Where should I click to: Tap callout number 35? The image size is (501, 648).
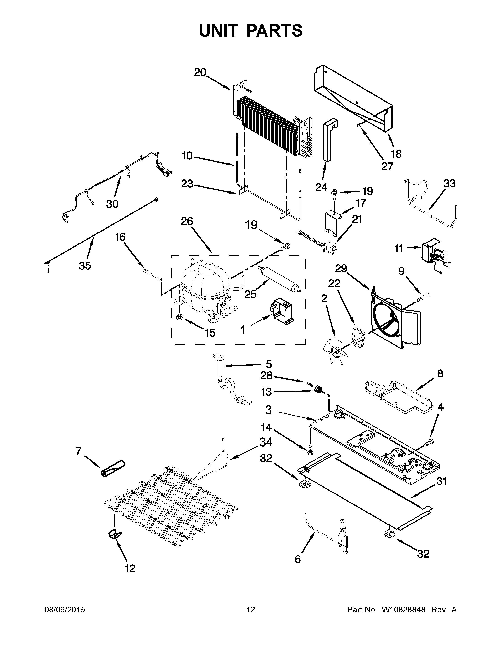coord(85,266)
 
